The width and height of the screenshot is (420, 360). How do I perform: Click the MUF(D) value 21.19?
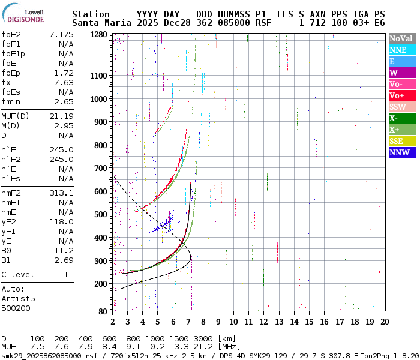61,116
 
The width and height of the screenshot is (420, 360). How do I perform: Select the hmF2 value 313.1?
61,193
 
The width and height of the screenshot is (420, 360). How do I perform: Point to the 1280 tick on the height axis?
99,35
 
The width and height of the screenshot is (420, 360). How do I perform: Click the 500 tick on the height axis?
101,214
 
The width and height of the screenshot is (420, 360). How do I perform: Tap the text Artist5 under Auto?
18,298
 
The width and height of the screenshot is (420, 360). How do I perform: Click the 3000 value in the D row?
203,338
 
